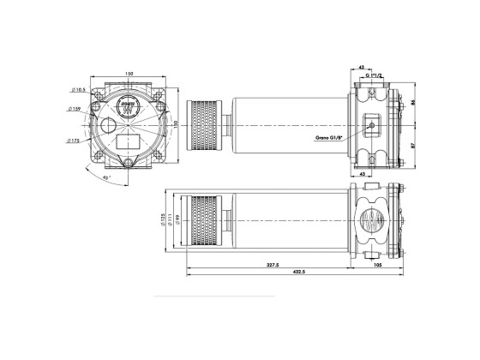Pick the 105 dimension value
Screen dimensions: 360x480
point(379,267)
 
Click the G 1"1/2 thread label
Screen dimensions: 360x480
point(375,76)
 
